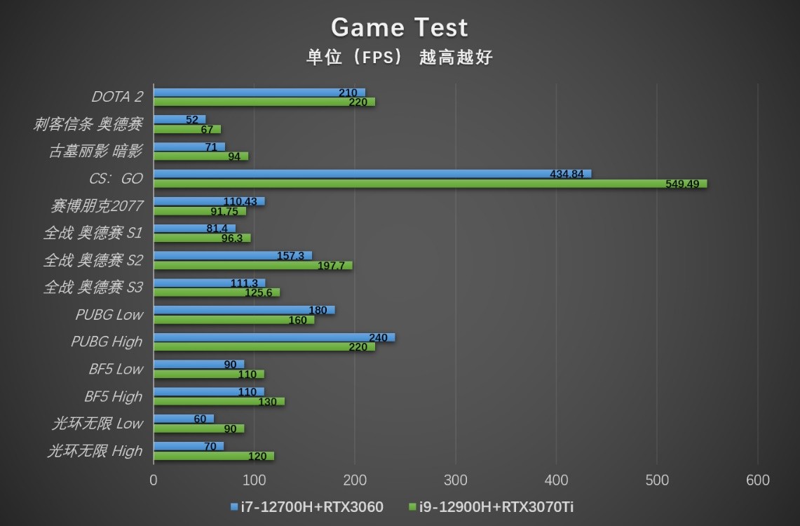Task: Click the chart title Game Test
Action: point(399,27)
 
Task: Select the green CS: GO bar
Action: point(430,184)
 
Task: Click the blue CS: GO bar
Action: point(372,173)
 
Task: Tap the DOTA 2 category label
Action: point(117,97)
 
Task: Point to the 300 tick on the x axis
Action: point(456,480)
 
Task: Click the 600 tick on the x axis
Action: point(757,480)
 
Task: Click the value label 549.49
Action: point(686,184)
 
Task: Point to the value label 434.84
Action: point(567,174)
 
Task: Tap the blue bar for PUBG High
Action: point(273,337)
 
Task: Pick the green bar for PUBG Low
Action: point(233,320)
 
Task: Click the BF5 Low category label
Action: point(115,369)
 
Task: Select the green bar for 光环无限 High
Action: point(213,456)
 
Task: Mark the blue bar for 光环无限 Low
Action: point(184,419)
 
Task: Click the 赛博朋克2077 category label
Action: point(97,205)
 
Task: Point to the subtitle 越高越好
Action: point(456,58)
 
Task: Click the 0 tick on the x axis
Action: point(154,480)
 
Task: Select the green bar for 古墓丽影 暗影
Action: point(201,156)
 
